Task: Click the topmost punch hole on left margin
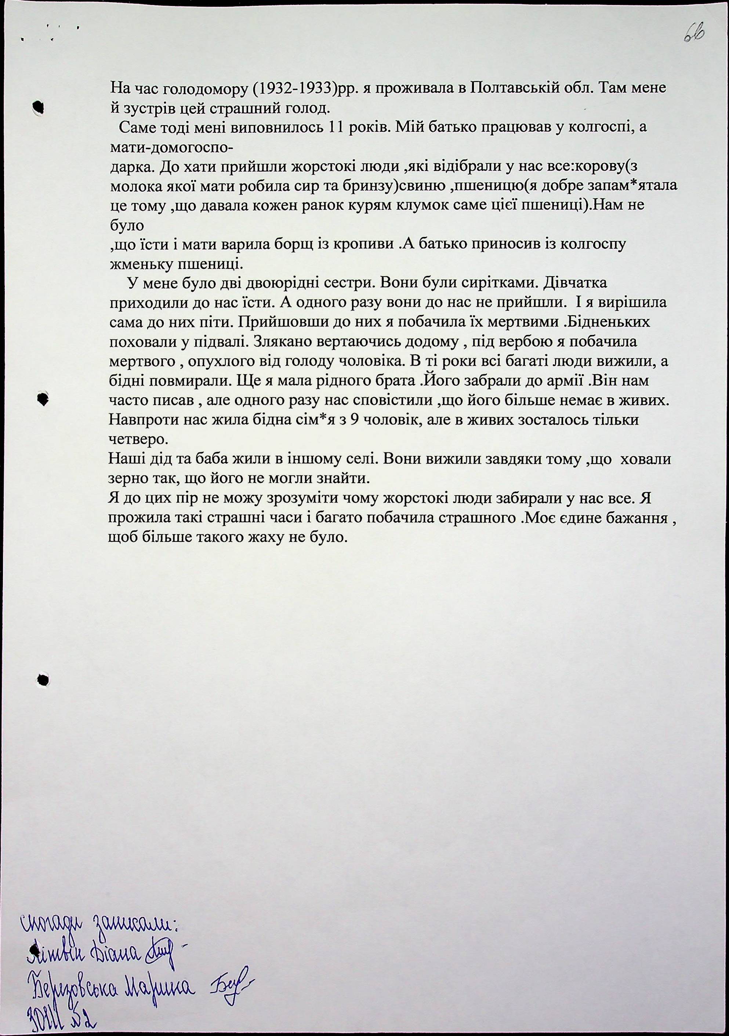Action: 39,106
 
